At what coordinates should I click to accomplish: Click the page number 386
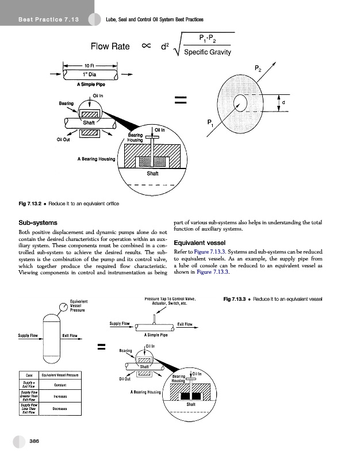pyautogui.click(x=35, y=440)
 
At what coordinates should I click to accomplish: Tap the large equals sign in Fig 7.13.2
pyautogui.click(x=182, y=102)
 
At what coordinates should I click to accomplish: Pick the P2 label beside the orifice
pyautogui.click(x=265, y=67)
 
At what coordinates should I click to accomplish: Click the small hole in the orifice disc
pyautogui.click(x=241, y=103)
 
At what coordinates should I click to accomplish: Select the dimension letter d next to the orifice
pyautogui.click(x=282, y=103)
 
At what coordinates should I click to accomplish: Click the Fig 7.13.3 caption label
pyautogui.click(x=235, y=298)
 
